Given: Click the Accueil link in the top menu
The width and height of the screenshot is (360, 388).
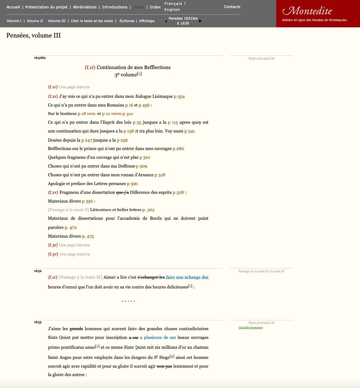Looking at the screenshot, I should coord(13,7).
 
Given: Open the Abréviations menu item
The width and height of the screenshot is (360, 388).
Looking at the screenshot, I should coord(85,7).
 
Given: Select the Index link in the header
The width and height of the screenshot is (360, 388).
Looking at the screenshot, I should coord(155,7).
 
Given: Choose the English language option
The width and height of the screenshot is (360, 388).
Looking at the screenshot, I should coord(172,10).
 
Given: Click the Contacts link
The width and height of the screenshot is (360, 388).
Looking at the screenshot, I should coord(232,7).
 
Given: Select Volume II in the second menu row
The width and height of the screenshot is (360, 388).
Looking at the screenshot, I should coord(35,21).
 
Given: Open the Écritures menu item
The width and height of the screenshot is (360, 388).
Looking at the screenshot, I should coord(127,21).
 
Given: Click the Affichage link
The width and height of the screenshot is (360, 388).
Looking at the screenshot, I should coord(147,21).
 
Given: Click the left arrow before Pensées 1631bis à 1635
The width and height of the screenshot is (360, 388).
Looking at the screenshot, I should coord(166,21).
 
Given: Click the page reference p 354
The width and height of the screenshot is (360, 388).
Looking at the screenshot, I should coord(179,97).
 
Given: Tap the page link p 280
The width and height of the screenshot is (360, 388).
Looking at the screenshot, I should coord(178,149).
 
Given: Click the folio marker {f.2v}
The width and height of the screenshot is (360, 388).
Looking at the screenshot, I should coord(53,192).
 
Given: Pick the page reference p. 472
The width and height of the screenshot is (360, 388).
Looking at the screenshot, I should coord(70,227).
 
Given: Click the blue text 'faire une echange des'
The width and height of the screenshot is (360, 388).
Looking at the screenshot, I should coord(187,277).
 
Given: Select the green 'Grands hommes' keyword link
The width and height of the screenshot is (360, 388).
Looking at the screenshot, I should coord(251,328).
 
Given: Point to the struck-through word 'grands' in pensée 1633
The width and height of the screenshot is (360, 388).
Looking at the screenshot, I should coord(76,329).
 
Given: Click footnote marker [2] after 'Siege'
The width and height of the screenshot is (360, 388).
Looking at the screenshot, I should coord(172,357).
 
